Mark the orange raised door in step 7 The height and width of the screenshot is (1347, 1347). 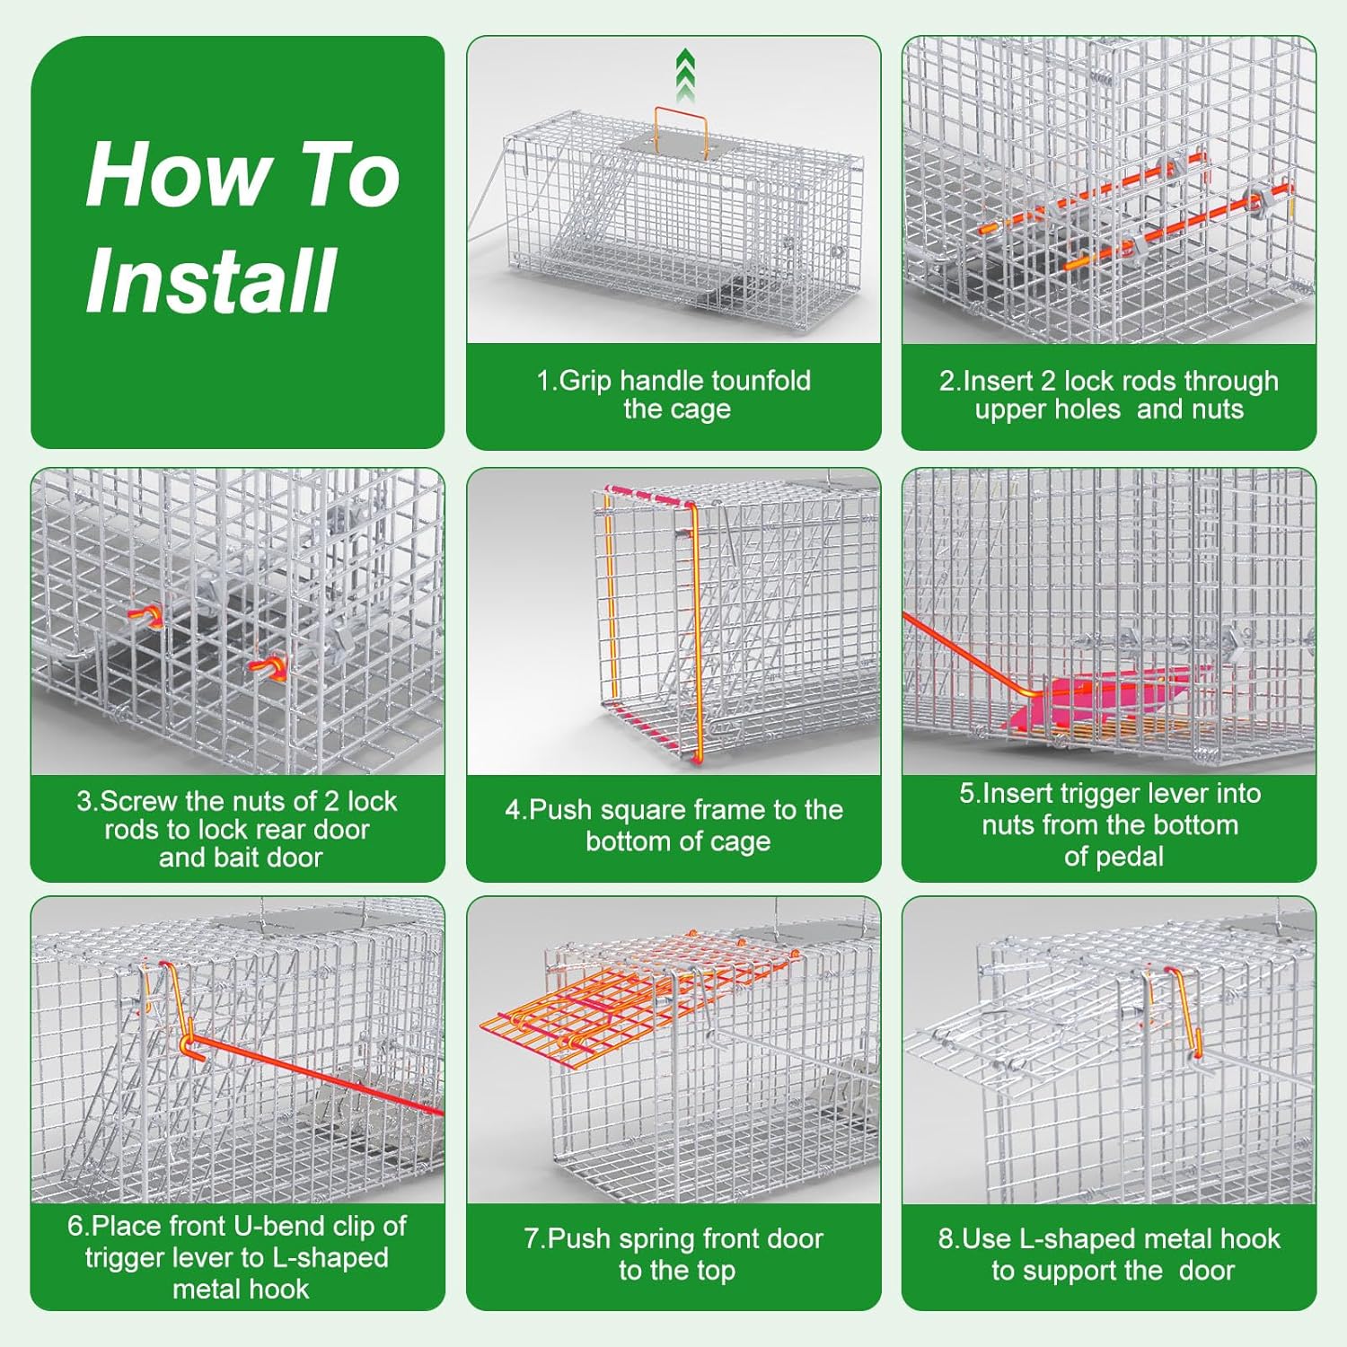629,997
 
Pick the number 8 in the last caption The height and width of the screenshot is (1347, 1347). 946,1239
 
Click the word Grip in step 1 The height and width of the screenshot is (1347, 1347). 585,382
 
